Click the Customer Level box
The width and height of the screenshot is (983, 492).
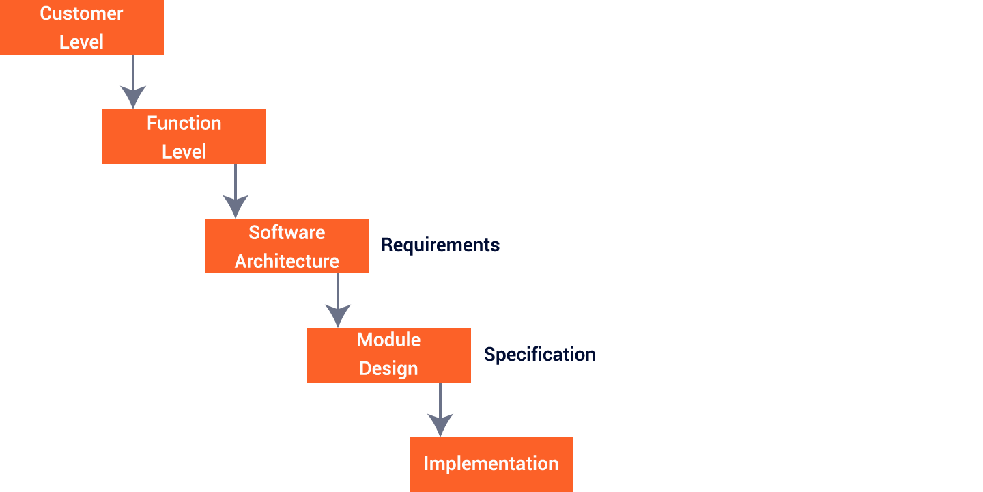[81, 27]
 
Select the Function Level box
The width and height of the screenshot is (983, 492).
[184, 137]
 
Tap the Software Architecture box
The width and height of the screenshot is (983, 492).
[286, 246]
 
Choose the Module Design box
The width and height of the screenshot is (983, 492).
[388, 355]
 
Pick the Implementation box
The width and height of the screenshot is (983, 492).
[491, 464]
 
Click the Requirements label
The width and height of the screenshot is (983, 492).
[440, 245]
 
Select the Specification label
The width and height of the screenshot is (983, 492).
[539, 355]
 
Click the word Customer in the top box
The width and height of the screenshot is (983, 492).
[81, 14]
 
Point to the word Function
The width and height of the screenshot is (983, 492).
[184, 123]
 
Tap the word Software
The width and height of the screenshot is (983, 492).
[287, 232]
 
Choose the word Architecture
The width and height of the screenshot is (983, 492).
[287, 261]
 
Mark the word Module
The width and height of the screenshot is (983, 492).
[388, 340]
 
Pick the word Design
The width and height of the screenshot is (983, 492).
[388, 369]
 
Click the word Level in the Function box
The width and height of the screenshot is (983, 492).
[184, 152]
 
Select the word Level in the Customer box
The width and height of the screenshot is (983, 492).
[81, 42]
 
